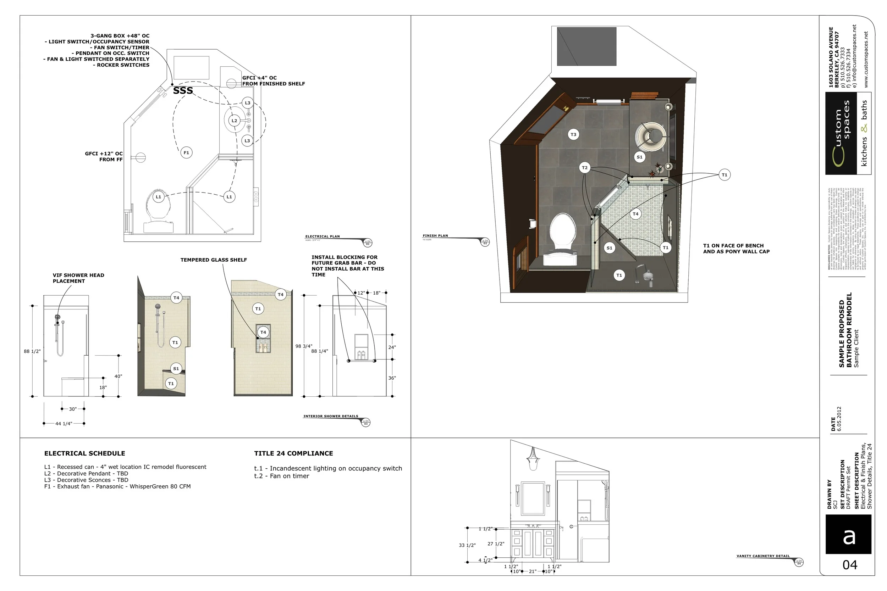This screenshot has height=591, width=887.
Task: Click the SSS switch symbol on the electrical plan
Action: click(x=183, y=91)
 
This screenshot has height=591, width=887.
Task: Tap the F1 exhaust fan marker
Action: click(x=186, y=153)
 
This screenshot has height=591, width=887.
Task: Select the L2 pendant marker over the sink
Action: click(x=234, y=121)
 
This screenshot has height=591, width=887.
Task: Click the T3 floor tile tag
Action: click(x=573, y=135)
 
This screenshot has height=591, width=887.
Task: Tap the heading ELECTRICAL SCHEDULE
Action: click(x=84, y=453)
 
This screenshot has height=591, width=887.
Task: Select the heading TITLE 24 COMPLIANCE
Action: click(x=293, y=453)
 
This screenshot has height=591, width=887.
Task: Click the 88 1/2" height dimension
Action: click(x=32, y=351)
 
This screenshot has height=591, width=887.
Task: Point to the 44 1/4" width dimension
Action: click(x=64, y=424)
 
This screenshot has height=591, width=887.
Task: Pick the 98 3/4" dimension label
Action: click(x=304, y=346)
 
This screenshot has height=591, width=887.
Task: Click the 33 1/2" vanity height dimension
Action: click(x=467, y=545)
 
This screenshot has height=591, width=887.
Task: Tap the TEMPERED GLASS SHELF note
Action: click(x=214, y=260)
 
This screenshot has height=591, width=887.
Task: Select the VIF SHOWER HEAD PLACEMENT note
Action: click(x=78, y=278)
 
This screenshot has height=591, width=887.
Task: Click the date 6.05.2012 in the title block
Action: click(x=839, y=419)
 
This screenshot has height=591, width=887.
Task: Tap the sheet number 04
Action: click(x=850, y=565)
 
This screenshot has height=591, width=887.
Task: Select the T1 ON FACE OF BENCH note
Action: click(x=736, y=249)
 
